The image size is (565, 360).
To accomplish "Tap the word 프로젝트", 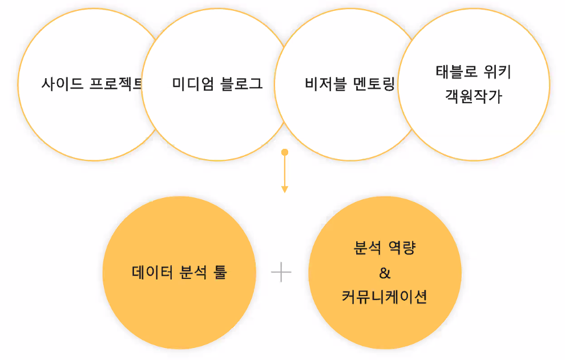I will click(x=116, y=84).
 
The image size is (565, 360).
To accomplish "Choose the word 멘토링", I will click(x=374, y=85).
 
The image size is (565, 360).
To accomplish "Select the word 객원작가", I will click(x=473, y=97).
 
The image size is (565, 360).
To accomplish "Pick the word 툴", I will click(x=220, y=273).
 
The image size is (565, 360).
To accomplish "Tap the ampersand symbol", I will click(x=385, y=273).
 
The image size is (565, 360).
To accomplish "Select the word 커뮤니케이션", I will click(x=385, y=297).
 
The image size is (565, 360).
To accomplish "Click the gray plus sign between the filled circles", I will click(x=281, y=273).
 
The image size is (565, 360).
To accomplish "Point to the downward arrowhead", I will click(x=284, y=189).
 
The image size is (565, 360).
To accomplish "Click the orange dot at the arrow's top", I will click(x=284, y=152).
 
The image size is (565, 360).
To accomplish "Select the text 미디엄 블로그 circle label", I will click(x=217, y=84).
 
